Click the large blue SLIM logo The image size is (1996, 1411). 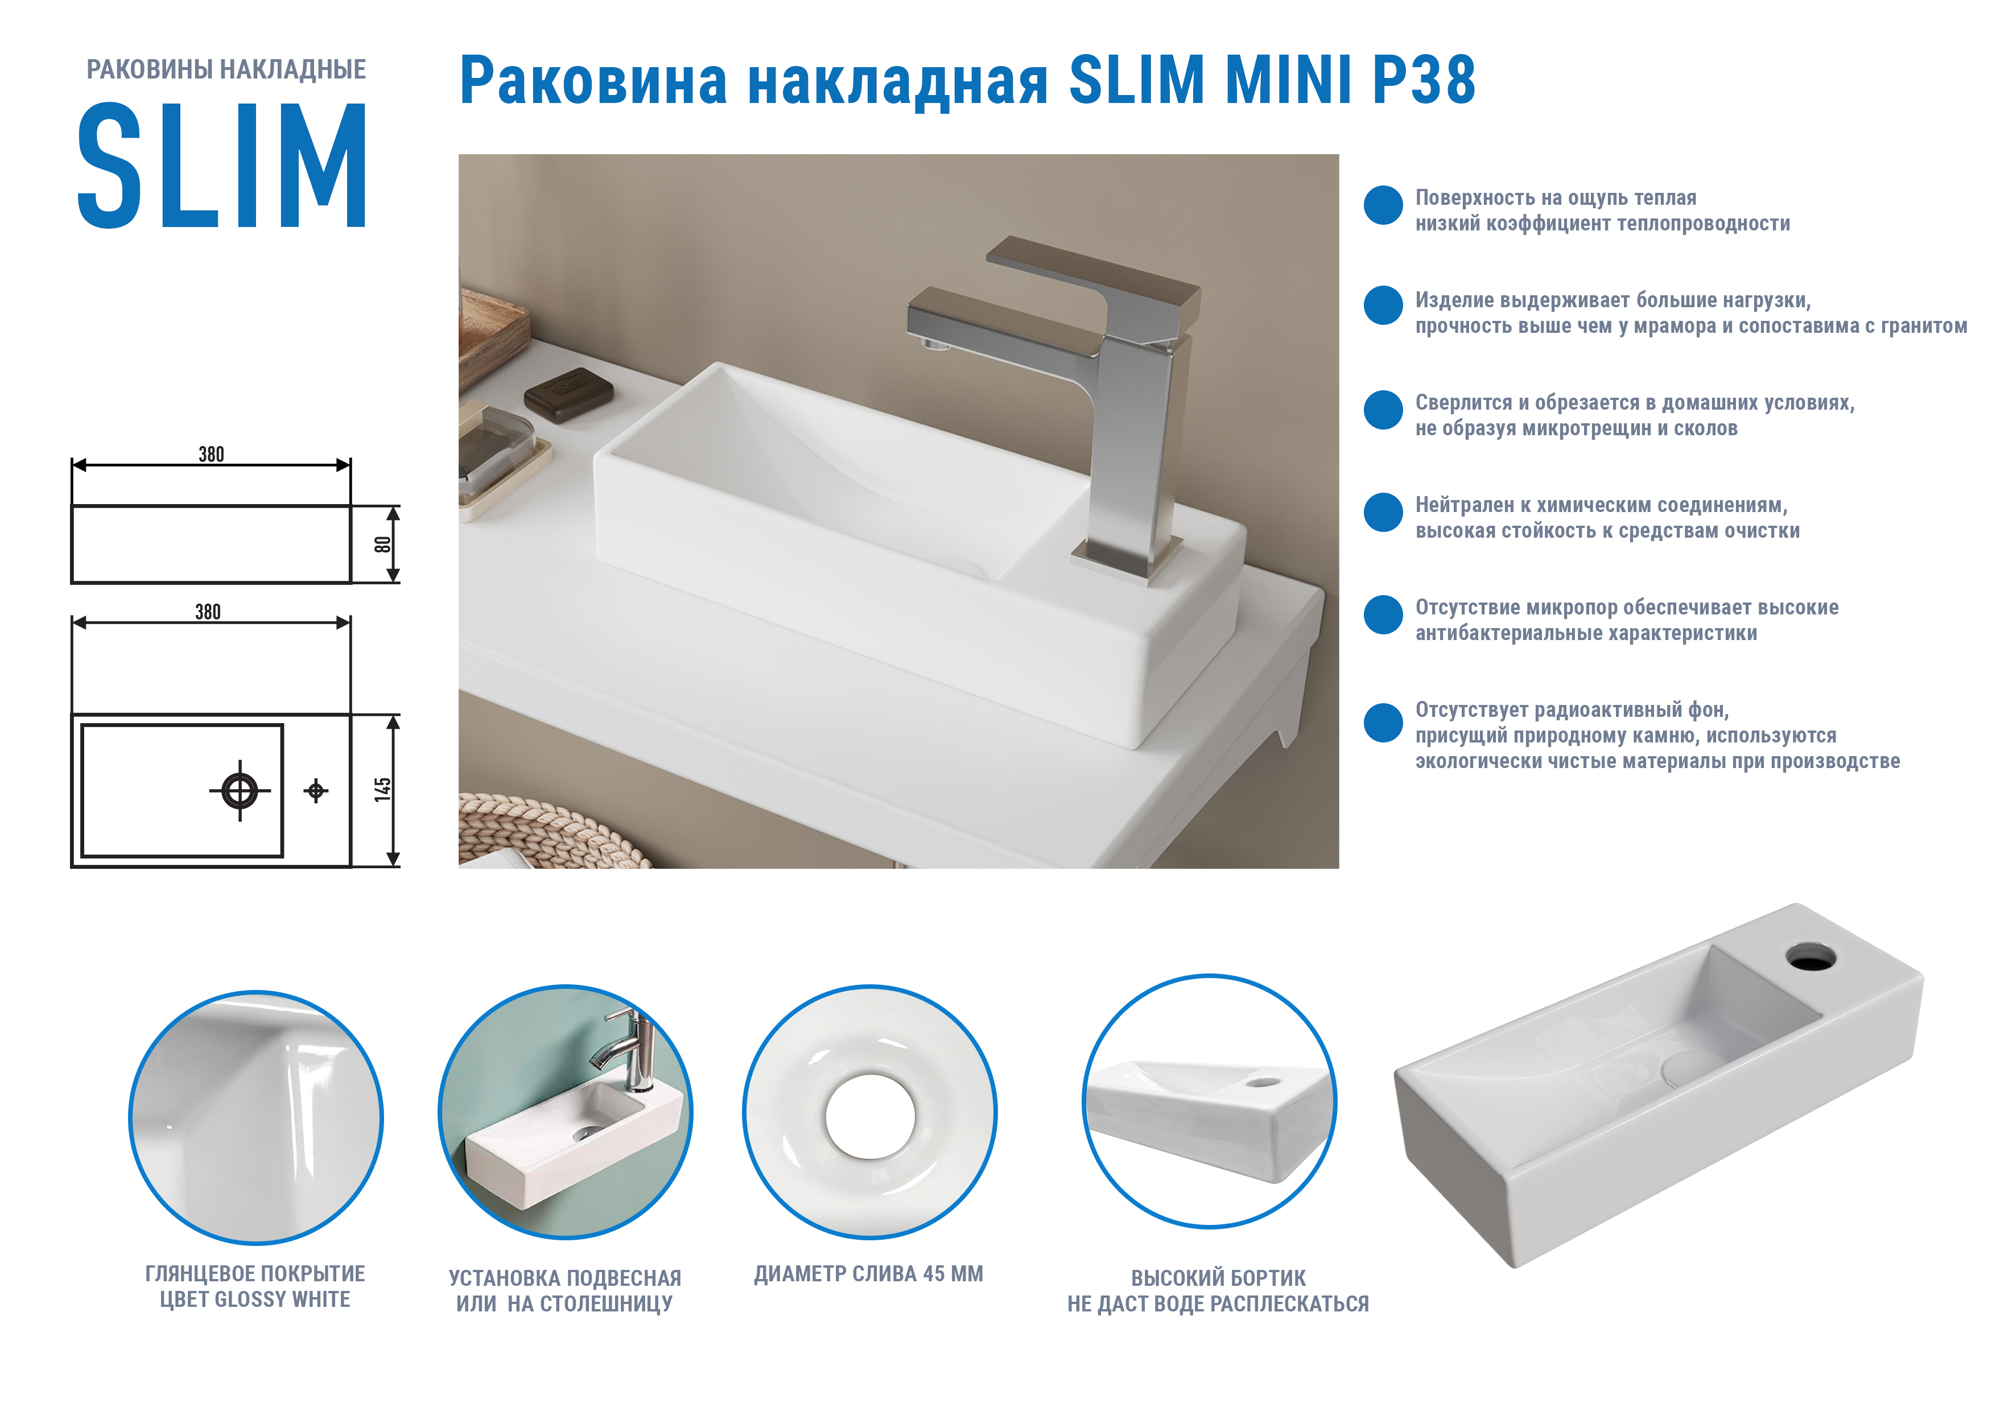point(222,165)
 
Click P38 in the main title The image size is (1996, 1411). point(1423,80)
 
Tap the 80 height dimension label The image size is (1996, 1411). point(382,545)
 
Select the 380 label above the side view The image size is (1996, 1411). point(211,454)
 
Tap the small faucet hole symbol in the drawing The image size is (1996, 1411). point(316,790)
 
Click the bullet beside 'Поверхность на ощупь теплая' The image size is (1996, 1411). point(1383,205)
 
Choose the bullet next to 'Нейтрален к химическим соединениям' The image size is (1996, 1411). point(1383,512)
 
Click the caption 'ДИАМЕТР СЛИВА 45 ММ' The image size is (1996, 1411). point(868,1274)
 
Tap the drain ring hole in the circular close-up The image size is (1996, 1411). point(870,1116)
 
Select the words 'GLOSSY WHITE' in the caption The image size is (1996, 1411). point(283,1299)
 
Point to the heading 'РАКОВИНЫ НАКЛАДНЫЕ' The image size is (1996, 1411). point(226,69)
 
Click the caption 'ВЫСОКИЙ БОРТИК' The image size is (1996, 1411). point(1218,1278)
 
